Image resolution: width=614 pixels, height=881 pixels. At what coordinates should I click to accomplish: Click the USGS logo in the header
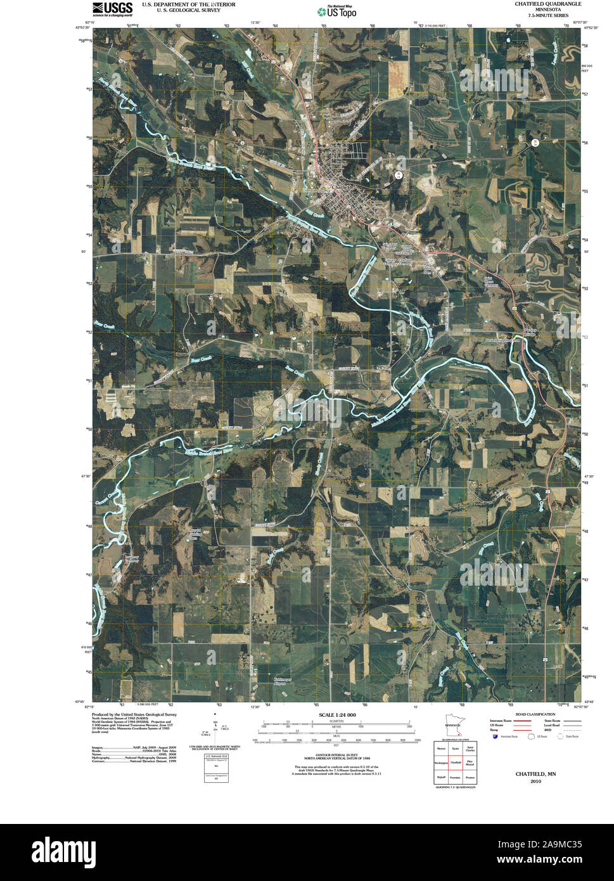point(112,8)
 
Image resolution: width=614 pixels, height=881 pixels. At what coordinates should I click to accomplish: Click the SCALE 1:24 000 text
point(333,714)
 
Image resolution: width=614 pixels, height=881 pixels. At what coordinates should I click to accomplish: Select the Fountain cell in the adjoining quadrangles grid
point(455,776)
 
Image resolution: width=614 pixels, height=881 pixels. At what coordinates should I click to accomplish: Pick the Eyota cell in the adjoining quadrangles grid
point(455,749)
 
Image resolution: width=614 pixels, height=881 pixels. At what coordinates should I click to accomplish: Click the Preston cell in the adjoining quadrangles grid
point(470,776)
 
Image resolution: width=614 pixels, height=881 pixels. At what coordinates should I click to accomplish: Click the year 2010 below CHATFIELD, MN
point(535,781)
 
